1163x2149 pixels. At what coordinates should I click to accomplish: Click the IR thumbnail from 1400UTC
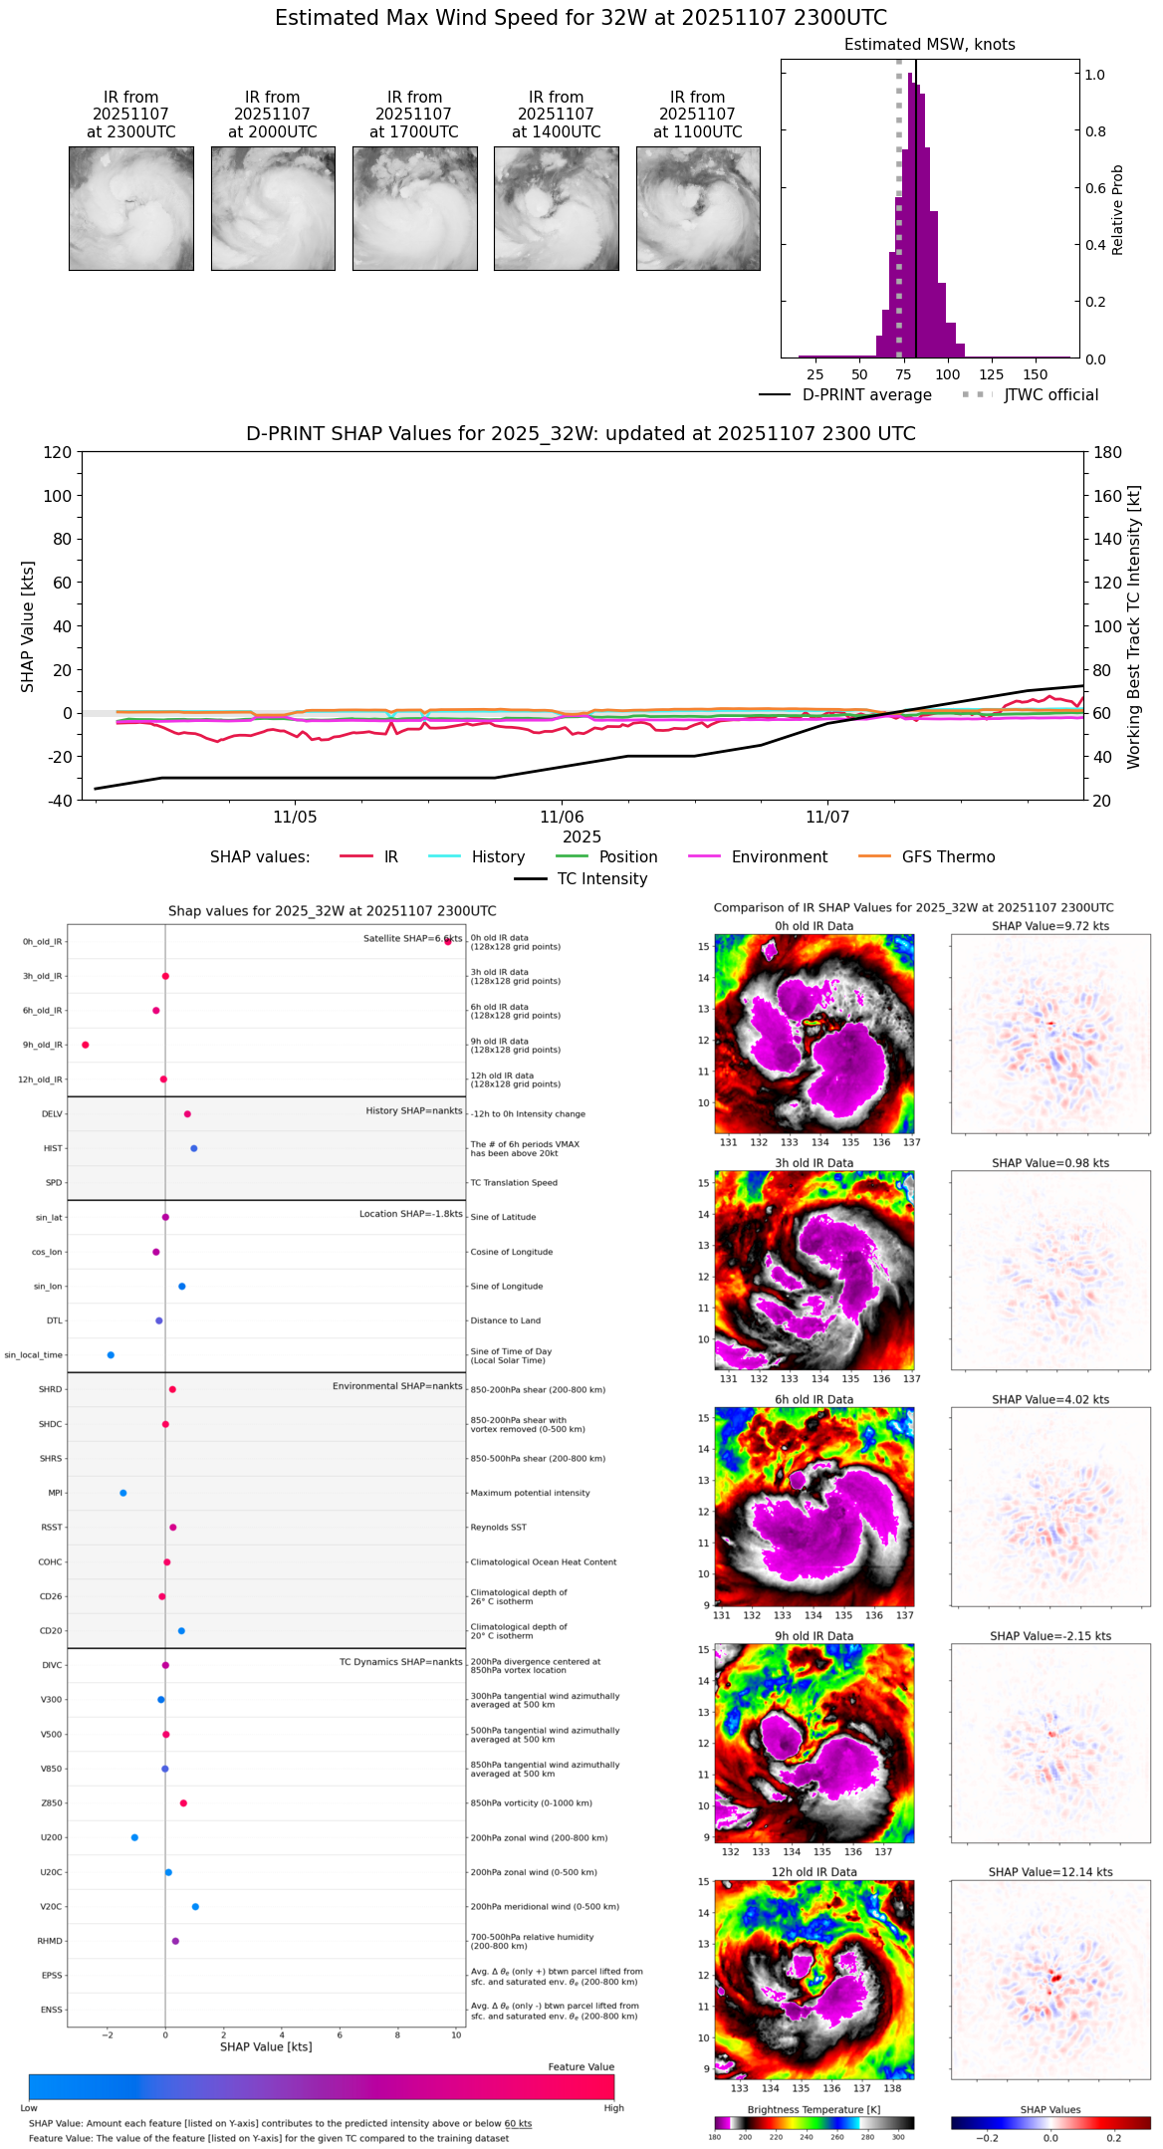(556, 208)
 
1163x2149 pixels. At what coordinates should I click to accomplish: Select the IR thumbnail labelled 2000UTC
(273, 208)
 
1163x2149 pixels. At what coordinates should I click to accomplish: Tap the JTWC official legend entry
(1050, 395)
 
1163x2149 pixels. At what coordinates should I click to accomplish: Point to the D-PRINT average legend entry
(866, 395)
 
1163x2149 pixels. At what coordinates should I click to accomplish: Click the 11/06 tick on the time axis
(561, 817)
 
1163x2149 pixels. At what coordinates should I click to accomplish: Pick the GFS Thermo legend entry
(948, 857)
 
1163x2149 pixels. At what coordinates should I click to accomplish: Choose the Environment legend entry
(779, 857)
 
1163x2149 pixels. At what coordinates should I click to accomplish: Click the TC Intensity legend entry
(601, 879)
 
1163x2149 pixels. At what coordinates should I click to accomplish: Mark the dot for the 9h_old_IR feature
(86, 1045)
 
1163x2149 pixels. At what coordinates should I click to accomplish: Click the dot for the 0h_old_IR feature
(448, 941)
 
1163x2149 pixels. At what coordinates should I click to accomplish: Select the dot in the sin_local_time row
(111, 1355)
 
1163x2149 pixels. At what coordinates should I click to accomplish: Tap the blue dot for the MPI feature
(123, 1493)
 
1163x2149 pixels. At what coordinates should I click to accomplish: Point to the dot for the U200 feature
(134, 1837)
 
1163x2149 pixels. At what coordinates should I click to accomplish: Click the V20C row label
(51, 1907)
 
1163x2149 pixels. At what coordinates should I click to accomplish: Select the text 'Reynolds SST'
(498, 1528)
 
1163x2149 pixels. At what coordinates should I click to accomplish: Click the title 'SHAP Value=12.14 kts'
(1050, 1872)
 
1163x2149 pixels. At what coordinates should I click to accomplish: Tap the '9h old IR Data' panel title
(814, 1636)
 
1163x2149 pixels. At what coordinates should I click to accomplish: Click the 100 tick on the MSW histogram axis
(948, 375)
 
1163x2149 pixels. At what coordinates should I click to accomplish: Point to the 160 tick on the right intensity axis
(1108, 496)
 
